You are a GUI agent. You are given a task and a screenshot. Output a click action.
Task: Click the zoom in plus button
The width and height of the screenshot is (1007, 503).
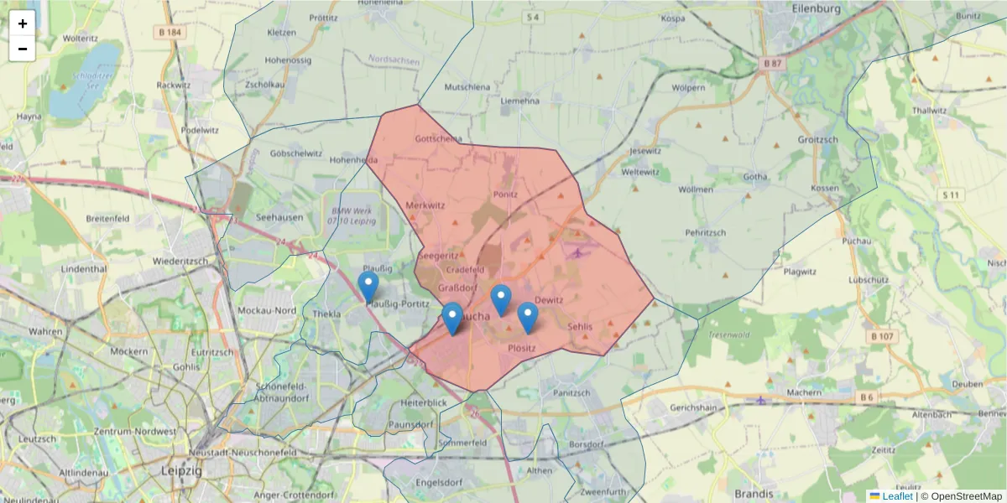[x=23, y=23]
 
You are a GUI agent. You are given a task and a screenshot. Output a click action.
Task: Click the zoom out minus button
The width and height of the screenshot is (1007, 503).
[x=23, y=49]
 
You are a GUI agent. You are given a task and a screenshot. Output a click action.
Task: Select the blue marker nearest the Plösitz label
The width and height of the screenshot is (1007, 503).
[x=527, y=318]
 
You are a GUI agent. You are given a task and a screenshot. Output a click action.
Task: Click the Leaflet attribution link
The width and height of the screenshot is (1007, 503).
[x=897, y=496]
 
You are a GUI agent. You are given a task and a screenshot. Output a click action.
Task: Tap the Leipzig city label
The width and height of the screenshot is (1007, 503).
[x=181, y=471]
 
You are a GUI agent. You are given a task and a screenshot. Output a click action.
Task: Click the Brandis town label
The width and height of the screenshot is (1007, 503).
[x=753, y=494]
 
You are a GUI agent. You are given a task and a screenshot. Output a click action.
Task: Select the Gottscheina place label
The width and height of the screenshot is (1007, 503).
[x=438, y=139]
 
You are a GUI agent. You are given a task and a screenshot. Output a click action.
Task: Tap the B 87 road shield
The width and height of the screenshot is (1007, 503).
[x=772, y=63]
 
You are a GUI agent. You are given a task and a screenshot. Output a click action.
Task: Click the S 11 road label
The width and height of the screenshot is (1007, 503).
[x=950, y=194]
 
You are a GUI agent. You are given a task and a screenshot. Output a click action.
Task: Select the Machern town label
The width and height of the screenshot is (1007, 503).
[x=804, y=392]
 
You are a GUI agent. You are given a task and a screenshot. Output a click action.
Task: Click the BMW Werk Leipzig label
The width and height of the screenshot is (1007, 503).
[x=353, y=215]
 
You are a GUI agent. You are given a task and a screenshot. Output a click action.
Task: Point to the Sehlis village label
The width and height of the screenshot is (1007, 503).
[x=580, y=326]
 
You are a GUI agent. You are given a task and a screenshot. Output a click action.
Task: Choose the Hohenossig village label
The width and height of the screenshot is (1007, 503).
[x=288, y=60]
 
